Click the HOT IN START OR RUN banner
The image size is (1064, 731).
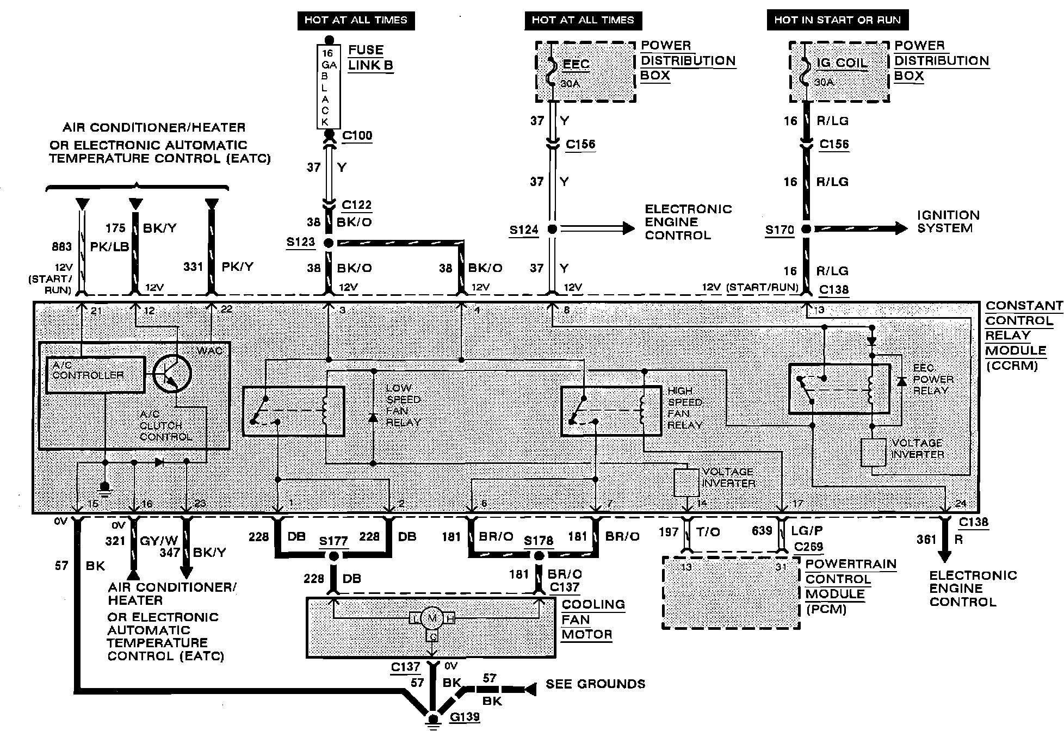point(838,20)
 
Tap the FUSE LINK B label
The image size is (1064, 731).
point(370,58)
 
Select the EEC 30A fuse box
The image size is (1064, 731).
point(585,72)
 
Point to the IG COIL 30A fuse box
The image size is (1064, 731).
point(839,72)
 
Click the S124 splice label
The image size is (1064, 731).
point(523,230)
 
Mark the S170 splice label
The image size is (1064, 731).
point(780,230)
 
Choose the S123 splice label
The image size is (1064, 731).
point(300,241)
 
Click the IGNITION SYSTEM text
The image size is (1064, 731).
point(949,222)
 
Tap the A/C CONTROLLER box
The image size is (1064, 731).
point(96,375)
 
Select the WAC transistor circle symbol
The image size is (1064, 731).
point(172,374)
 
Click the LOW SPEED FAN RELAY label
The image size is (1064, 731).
point(403,405)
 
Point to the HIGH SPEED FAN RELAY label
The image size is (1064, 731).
point(685,408)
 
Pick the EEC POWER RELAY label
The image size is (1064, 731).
point(933,379)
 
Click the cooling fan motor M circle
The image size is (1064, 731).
point(433,618)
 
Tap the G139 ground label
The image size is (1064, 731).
point(465,717)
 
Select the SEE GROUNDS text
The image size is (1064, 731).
point(596,684)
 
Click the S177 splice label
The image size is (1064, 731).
point(333,541)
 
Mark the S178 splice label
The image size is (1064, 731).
point(539,541)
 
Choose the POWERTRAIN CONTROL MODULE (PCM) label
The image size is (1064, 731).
point(851,586)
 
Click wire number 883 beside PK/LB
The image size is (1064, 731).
point(61,246)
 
